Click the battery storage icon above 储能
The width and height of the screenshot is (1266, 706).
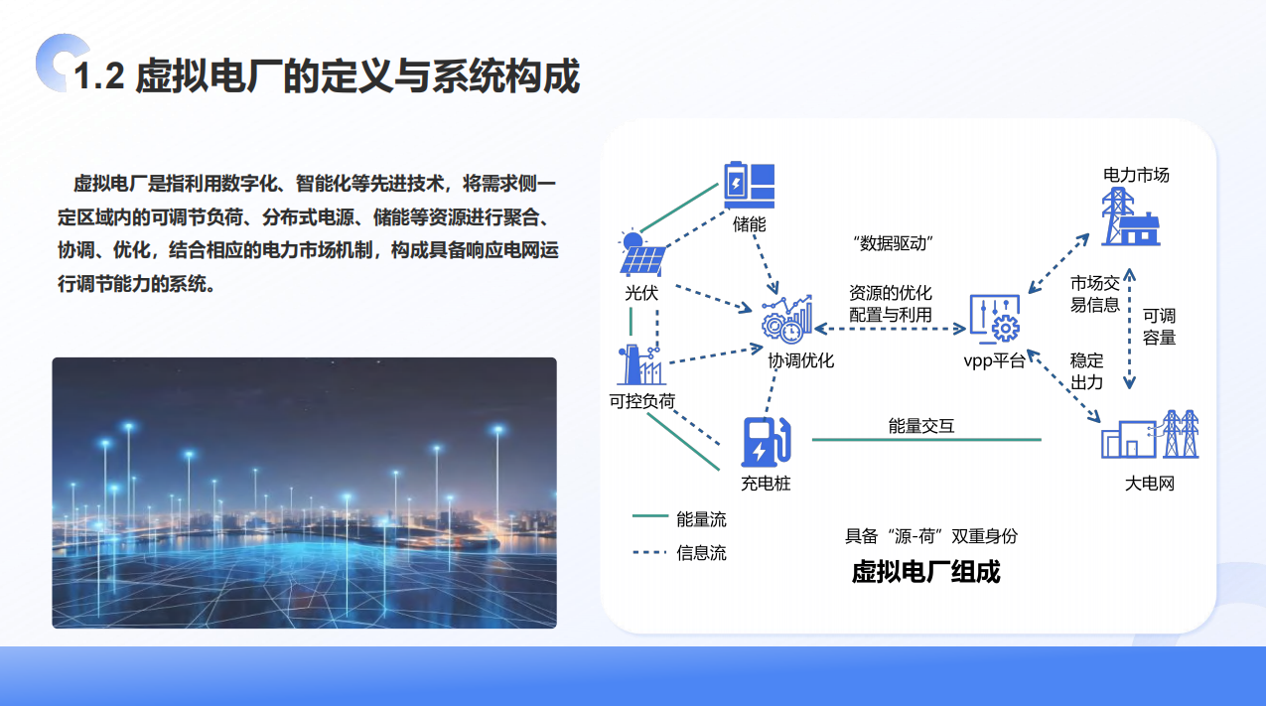tap(750, 185)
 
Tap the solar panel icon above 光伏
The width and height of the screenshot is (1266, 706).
tap(642, 254)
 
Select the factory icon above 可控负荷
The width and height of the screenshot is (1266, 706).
tap(641, 364)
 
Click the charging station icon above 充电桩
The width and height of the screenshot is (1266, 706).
tap(766, 442)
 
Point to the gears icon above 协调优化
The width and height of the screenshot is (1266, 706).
tap(786, 320)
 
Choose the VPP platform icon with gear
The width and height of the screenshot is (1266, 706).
tap(995, 320)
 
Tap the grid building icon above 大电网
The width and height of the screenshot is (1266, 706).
tap(1150, 434)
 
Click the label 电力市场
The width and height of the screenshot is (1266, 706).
tap(1136, 175)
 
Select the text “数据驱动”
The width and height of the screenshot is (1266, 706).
tap(893, 243)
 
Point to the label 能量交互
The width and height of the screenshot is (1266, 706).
tap(921, 426)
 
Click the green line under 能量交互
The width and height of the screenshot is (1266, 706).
tap(926, 439)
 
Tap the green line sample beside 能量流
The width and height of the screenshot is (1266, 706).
tap(650, 515)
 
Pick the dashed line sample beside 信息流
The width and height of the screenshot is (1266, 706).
tap(650, 552)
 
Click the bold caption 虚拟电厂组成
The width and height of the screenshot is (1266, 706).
tap(925, 572)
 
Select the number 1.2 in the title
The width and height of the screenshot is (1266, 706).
tap(99, 76)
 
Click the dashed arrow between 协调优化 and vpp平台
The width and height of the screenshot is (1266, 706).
tap(890, 329)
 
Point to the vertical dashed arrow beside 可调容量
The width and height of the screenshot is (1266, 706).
tap(1129, 329)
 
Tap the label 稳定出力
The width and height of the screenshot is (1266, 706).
tap(1086, 371)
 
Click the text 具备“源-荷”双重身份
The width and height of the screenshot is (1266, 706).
tap(930, 536)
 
